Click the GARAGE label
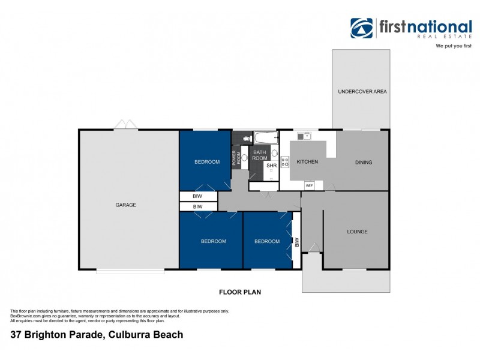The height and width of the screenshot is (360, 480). (x=126, y=205)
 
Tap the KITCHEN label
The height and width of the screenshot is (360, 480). (x=307, y=162)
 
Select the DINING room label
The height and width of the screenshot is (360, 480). (x=363, y=162)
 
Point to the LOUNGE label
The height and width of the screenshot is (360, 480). (x=357, y=232)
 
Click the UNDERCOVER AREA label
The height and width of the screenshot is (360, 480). (x=362, y=92)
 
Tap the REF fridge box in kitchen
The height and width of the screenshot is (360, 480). (x=310, y=186)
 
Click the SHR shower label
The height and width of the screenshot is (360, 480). (x=271, y=165)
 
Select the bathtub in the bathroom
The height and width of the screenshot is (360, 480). (x=264, y=138)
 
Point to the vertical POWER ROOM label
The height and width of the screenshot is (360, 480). (x=236, y=158)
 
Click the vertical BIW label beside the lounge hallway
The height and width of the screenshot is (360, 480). (x=296, y=242)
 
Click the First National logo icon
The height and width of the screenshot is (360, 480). (x=362, y=28)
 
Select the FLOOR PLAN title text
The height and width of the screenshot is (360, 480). (x=239, y=292)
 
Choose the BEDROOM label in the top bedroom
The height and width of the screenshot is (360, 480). (x=205, y=162)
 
